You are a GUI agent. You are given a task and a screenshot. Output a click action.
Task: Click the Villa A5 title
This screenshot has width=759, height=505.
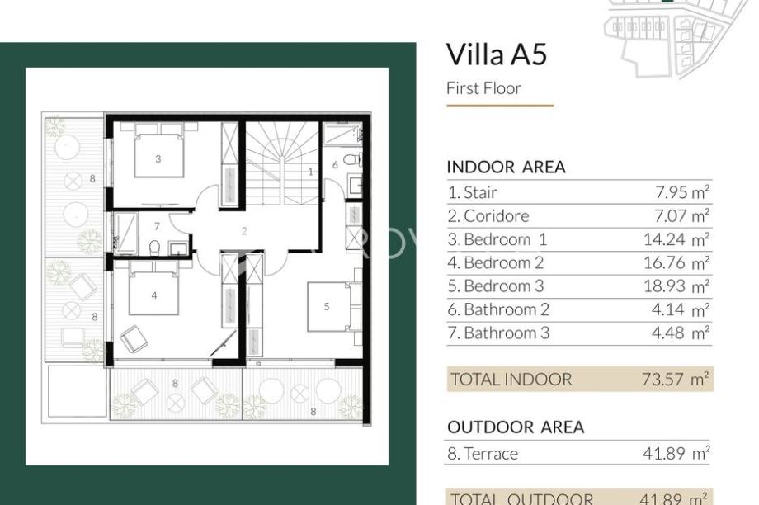pyautogui.click(x=496, y=54)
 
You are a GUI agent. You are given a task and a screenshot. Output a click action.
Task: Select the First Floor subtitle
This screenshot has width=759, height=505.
pyautogui.click(x=483, y=88)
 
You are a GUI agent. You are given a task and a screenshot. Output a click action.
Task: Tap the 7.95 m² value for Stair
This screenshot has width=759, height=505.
pyautogui.click(x=682, y=192)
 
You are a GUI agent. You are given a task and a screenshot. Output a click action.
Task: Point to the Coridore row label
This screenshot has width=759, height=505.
pyautogui.click(x=488, y=216)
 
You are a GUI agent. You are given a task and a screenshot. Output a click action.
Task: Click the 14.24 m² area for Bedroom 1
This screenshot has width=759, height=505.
pyautogui.click(x=676, y=239)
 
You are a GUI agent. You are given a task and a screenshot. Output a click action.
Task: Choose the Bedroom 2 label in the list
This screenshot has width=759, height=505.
pyautogui.click(x=495, y=263)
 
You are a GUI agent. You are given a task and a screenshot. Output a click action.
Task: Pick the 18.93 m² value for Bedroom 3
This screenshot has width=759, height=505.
pyautogui.click(x=676, y=286)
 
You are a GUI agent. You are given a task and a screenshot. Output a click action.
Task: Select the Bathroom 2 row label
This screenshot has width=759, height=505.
pyautogui.click(x=498, y=309)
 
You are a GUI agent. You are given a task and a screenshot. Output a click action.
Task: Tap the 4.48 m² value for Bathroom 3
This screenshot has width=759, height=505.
pyautogui.click(x=680, y=333)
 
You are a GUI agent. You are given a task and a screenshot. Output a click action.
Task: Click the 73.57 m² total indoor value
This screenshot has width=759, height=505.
pyautogui.click(x=675, y=379)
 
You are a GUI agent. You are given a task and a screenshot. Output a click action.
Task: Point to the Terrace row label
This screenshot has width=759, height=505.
pyautogui.click(x=483, y=454)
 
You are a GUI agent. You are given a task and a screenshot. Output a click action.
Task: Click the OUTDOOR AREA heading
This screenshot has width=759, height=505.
pyautogui.click(x=516, y=427)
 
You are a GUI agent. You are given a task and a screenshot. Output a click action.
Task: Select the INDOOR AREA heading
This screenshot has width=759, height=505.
pyautogui.click(x=506, y=167)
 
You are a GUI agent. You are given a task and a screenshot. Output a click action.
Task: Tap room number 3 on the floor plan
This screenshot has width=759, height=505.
pyautogui.click(x=158, y=158)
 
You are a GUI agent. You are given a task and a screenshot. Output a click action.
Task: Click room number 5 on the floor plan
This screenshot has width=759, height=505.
pyautogui.click(x=327, y=306)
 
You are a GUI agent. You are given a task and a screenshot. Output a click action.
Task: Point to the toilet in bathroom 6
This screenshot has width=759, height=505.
pyautogui.click(x=350, y=159)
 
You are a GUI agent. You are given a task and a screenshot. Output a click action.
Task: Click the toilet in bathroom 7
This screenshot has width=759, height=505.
pyautogui.click(x=154, y=248)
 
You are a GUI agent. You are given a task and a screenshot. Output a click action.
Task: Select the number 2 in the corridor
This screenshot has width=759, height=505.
pyautogui.click(x=244, y=231)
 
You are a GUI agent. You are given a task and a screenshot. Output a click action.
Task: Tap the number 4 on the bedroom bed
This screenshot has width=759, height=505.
pyautogui.click(x=154, y=295)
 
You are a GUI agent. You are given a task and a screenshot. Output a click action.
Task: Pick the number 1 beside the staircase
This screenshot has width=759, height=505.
pyautogui.click(x=311, y=172)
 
